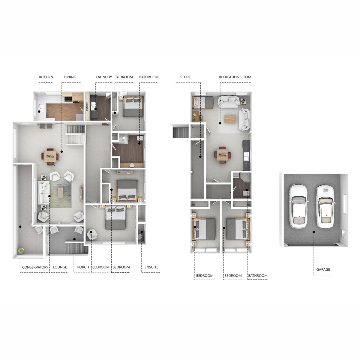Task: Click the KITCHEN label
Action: (46, 77)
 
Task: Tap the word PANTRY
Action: (87, 106)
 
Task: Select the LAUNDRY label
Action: (104, 77)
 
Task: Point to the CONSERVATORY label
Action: (35, 267)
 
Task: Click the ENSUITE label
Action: (151, 267)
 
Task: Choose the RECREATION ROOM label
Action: (235, 77)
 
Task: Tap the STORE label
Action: (185, 77)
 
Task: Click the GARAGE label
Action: (323, 269)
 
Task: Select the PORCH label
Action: (83, 267)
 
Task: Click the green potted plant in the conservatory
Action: (21, 251)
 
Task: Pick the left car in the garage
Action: (298, 206)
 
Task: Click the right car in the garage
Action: (325, 206)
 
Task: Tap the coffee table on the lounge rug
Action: (61, 193)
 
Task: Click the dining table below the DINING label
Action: (50, 156)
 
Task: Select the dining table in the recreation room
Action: (222, 155)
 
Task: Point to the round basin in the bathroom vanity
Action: (132, 165)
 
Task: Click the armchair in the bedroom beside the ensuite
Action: (92, 234)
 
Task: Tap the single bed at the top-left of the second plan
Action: (203, 102)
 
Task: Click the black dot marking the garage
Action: (314, 232)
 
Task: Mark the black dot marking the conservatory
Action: (20, 226)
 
